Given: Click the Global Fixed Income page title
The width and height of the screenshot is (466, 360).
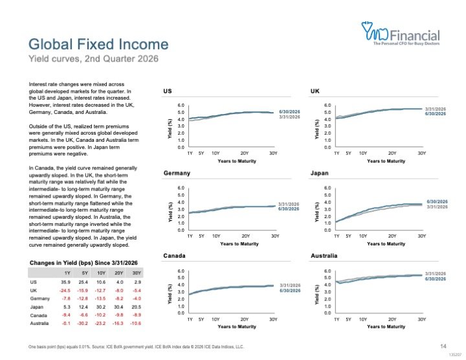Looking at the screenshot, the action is pyautogui.click(x=98, y=44).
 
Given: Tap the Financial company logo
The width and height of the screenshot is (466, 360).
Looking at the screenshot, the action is pyautogui.click(x=401, y=33).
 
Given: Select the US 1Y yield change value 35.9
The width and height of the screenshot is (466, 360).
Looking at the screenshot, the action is pyautogui.click(x=65, y=282).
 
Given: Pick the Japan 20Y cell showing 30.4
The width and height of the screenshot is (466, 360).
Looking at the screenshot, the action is pyautogui.click(x=118, y=307).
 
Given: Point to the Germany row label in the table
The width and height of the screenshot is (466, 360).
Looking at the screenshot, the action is pyautogui.click(x=40, y=298).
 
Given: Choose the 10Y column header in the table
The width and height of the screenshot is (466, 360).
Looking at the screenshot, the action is pyautogui.click(x=102, y=273).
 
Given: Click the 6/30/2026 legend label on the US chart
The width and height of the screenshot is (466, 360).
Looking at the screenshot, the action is pyautogui.click(x=289, y=112).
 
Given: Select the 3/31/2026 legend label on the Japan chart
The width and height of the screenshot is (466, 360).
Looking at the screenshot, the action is pyautogui.click(x=437, y=207).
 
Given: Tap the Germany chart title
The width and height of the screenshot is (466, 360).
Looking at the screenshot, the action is pyautogui.click(x=177, y=173).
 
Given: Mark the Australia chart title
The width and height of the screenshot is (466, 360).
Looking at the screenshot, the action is pyautogui.click(x=324, y=256).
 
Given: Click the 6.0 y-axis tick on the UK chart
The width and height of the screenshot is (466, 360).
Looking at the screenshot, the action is pyautogui.click(x=327, y=106).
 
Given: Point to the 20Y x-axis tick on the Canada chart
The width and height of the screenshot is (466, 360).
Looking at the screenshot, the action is pyautogui.click(x=244, y=319).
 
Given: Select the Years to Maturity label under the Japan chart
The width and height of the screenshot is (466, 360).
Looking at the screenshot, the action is pyautogui.click(x=386, y=243).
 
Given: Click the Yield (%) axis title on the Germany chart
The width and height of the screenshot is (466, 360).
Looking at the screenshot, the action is pyautogui.click(x=170, y=212).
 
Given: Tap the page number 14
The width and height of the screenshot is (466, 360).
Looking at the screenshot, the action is pyautogui.click(x=443, y=346).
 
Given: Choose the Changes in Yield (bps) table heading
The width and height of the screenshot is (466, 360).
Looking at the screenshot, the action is pyautogui.click(x=83, y=263).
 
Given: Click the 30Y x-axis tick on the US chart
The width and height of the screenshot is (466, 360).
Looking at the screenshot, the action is pyautogui.click(x=273, y=153).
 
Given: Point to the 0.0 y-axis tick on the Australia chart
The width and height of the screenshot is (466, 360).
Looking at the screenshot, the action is pyautogui.click(x=327, y=313).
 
